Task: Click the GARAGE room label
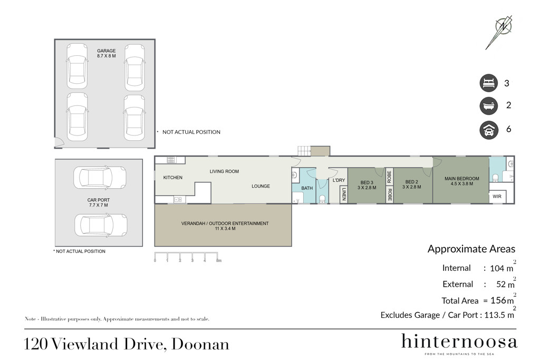pos(106,51)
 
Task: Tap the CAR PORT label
pos(99,200)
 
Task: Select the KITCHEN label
pos(173,178)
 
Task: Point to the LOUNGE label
pos(261,186)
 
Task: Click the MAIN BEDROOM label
pos(462,179)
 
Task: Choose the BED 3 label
pos(367,183)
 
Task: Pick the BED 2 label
pos(411,182)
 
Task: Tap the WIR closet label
pos(497,197)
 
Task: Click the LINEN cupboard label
pos(344,194)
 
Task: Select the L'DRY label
pos(339,180)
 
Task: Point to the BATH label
pos(307,188)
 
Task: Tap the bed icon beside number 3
pos(489,83)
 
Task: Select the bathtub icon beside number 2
pos(489,105)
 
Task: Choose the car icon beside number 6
pos(489,130)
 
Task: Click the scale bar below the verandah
pos(186,257)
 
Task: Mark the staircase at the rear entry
pos(304,151)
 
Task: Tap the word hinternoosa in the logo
pos(459,342)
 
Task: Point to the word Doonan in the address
pos(200,344)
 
